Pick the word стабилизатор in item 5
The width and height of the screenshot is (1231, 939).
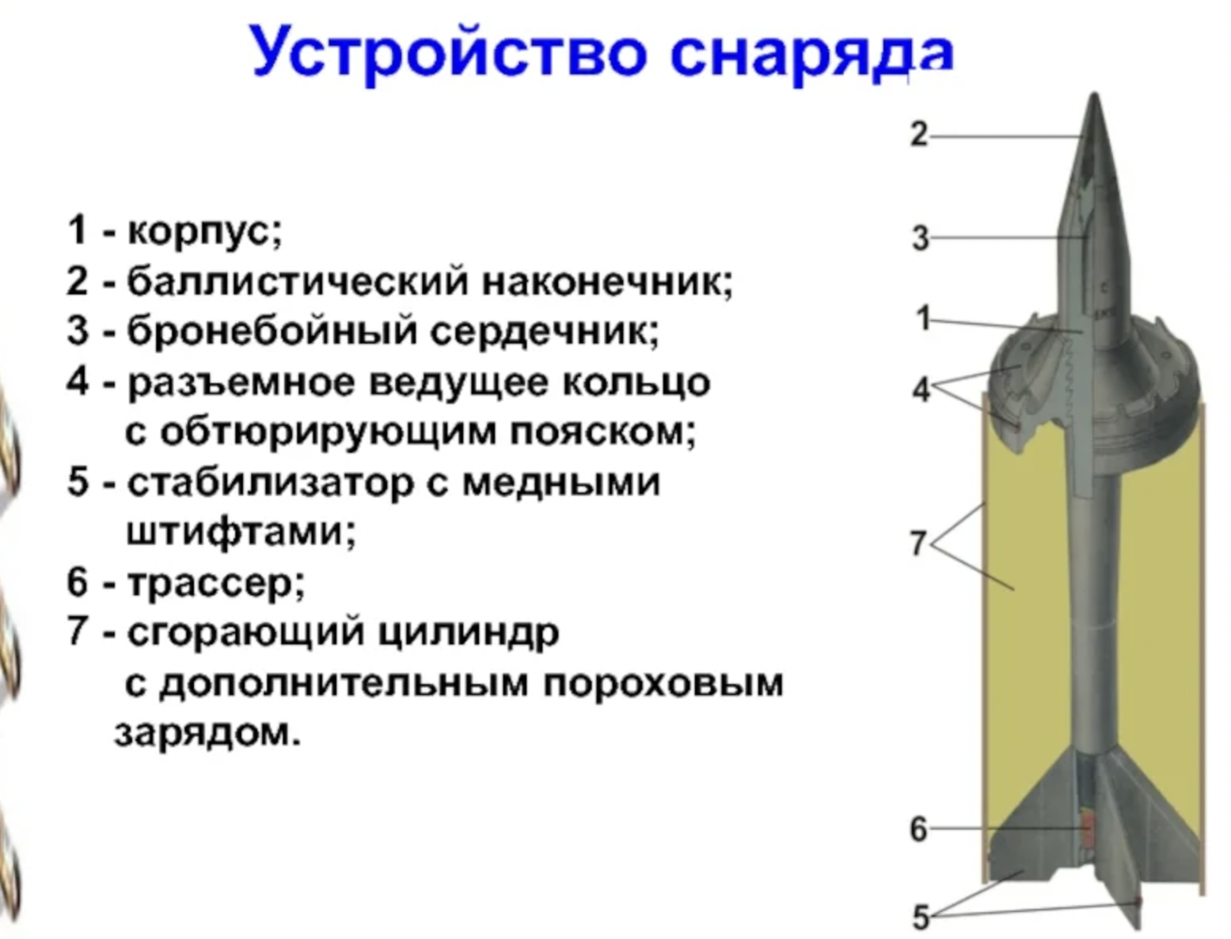pyautogui.click(x=269, y=482)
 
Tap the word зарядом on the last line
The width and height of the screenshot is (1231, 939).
pyautogui.click(x=208, y=732)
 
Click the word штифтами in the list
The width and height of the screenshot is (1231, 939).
pyautogui.click(x=241, y=532)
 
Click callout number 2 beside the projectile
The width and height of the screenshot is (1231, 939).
pyautogui.click(x=918, y=135)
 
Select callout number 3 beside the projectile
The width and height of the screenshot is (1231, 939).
pyautogui.click(x=920, y=238)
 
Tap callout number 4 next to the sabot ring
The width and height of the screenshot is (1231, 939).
pyautogui.click(x=921, y=389)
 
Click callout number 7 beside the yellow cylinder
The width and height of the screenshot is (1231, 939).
pyautogui.click(x=918, y=543)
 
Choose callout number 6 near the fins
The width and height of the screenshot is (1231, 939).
pyautogui.click(x=918, y=829)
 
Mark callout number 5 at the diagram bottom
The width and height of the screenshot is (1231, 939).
pyautogui.click(x=920, y=917)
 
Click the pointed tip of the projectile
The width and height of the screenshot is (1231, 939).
pyautogui.click(x=1095, y=98)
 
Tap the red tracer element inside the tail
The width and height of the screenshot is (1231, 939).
pyautogui.click(x=1089, y=827)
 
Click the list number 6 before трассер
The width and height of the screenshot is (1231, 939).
pyautogui.click(x=78, y=583)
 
